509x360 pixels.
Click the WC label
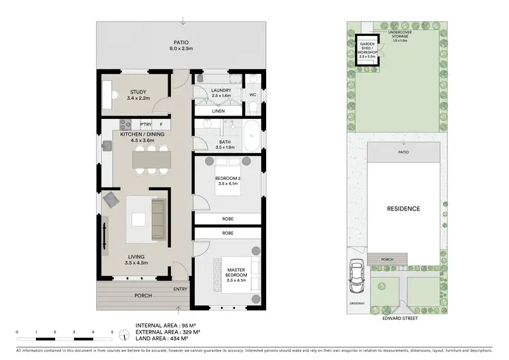pos(252,94)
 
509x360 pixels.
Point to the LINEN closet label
pos(218,111)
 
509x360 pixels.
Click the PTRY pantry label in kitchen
pos(145,125)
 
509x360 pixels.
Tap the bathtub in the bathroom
pos(250,137)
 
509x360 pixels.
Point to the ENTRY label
pos(180,289)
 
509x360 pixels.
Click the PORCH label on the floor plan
pos(143,295)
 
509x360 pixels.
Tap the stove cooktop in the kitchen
pos(126,124)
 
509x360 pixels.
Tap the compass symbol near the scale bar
pos(124,334)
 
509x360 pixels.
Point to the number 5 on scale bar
pos(112,331)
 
